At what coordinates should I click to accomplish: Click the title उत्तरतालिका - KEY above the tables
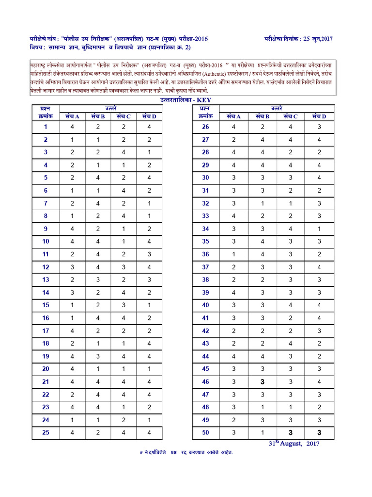tap(186, 100)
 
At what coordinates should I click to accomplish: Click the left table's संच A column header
tap(72, 116)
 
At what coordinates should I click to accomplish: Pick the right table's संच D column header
tap(319, 116)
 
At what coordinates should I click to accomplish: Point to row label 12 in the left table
tap(46, 267)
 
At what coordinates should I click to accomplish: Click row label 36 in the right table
tap(205, 254)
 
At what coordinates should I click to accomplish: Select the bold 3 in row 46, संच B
tap(261, 382)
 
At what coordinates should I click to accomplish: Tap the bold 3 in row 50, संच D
tap(319, 432)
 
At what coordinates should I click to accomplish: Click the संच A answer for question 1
tap(72, 127)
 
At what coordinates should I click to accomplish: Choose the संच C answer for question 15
tap(124, 305)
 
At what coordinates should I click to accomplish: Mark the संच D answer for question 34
tap(319, 229)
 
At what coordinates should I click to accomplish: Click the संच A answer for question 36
tap(233, 254)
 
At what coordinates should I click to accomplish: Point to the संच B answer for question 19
tap(98, 356)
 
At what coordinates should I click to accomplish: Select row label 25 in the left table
tap(46, 432)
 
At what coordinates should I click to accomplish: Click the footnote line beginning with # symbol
tap(186, 452)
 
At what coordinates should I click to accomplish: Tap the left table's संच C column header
tap(124, 116)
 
